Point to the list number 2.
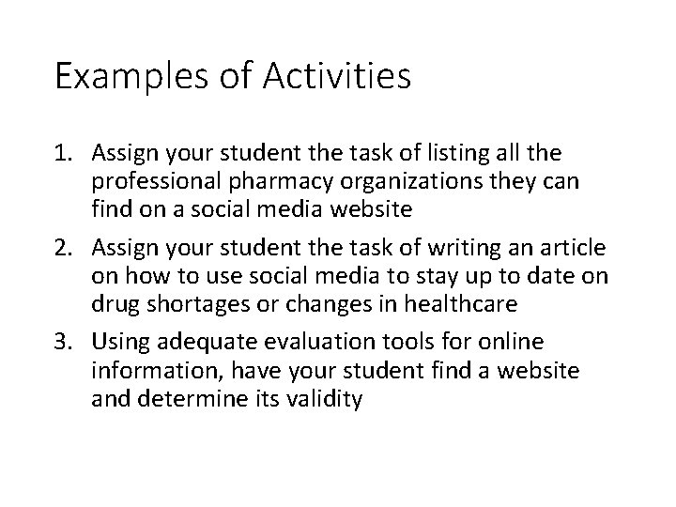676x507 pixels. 62,249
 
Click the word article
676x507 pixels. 573,249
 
